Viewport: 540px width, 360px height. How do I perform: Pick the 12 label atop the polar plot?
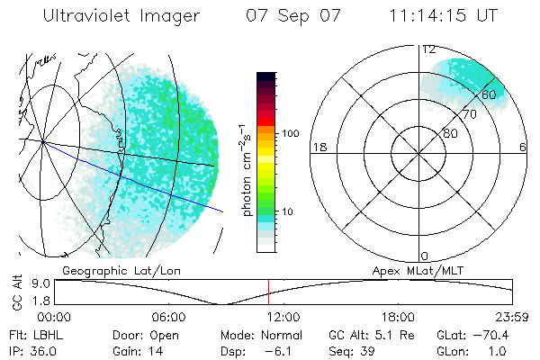[x=429, y=49]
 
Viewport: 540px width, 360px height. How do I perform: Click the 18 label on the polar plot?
[x=318, y=147]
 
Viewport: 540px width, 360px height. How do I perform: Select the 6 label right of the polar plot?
[x=523, y=147]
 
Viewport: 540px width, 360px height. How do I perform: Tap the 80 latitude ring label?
[x=450, y=133]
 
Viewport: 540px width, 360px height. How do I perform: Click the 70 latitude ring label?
[x=469, y=114]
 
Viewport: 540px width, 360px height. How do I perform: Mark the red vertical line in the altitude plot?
[x=268, y=292]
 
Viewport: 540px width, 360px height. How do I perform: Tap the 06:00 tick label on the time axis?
[x=169, y=317]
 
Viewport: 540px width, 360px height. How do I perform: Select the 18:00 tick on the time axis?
[x=398, y=317]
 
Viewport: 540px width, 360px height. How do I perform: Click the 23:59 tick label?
[x=512, y=317]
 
